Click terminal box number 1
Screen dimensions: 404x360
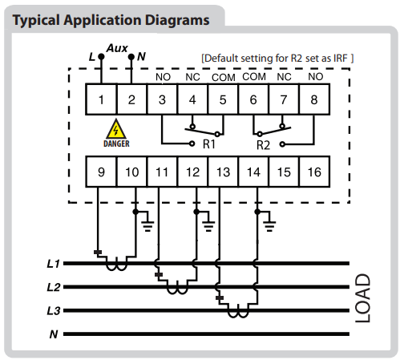101,99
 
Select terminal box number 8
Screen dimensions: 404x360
314,99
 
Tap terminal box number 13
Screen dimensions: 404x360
223,172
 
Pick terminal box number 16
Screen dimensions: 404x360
314,172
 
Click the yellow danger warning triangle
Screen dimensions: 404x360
116,130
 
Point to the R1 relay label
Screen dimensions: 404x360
209,144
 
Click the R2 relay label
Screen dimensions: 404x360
264,145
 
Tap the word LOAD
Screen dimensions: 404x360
363,298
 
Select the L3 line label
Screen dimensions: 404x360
54,311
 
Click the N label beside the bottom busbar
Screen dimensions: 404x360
54,334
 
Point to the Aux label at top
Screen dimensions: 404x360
117,48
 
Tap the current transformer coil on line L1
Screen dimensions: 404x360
116,266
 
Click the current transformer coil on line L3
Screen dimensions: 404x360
238,313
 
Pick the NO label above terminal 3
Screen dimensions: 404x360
163,77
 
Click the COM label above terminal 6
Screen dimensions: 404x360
254,77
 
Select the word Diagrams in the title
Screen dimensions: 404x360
177,20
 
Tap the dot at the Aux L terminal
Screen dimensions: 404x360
101,57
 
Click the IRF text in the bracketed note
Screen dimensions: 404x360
341,59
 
